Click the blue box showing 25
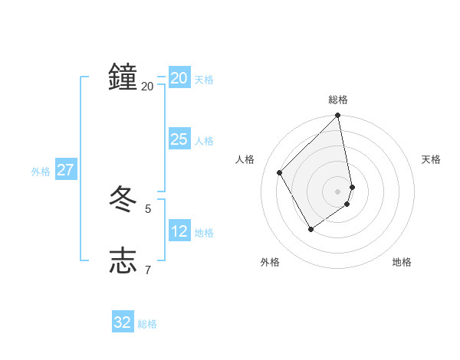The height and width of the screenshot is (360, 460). pos(179,139)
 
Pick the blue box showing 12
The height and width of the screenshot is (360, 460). pos(179,231)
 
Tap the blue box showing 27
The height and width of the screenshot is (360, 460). pos(65,170)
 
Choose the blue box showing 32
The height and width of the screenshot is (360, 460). pos(123,322)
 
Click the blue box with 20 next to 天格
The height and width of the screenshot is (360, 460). pos(179,78)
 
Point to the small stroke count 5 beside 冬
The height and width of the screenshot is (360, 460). pos(148,208)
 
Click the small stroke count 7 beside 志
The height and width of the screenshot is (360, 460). pos(148,269)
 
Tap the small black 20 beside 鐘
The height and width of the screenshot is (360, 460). pos(147,87)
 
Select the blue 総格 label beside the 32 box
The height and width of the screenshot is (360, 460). pos(147,324)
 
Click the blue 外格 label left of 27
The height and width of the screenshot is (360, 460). pos(41,172)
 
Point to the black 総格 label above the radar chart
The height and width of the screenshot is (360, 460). pos(338,100)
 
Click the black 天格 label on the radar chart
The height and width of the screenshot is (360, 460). pos(431,159)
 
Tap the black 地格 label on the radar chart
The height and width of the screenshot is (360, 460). pos(402,262)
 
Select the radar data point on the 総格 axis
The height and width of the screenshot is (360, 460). pos(338,116)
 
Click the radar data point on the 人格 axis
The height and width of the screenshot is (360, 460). pos(280,172)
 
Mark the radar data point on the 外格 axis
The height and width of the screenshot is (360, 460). pos(310,229)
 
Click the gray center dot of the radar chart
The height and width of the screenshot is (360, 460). pos(338,191)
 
